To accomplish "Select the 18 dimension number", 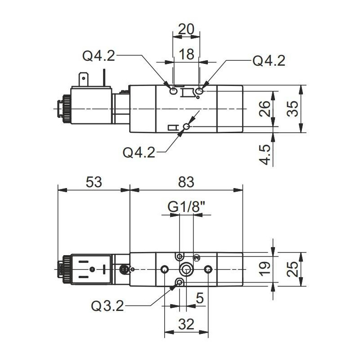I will click(x=186, y=54).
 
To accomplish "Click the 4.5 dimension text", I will click(x=265, y=154).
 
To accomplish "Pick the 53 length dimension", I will click(x=94, y=182).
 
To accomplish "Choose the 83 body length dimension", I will click(x=185, y=182).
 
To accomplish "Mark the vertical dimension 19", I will click(x=265, y=269).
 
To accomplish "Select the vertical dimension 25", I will click(x=293, y=269).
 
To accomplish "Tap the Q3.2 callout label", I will click(x=107, y=306).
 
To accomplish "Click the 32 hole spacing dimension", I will click(x=186, y=323).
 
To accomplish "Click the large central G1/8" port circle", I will click(x=186, y=270).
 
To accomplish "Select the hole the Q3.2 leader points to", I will click(x=180, y=283).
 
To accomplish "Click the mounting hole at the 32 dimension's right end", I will click(x=207, y=270).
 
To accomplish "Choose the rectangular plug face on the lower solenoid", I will click(x=92, y=269).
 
